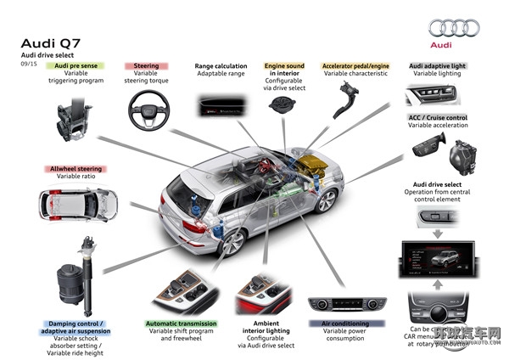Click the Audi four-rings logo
tap(454, 28)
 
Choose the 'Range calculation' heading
tap(221, 65)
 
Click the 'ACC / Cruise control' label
tap(437, 116)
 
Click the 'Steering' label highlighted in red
tap(146, 65)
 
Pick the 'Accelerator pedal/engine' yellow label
tap(355, 65)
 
